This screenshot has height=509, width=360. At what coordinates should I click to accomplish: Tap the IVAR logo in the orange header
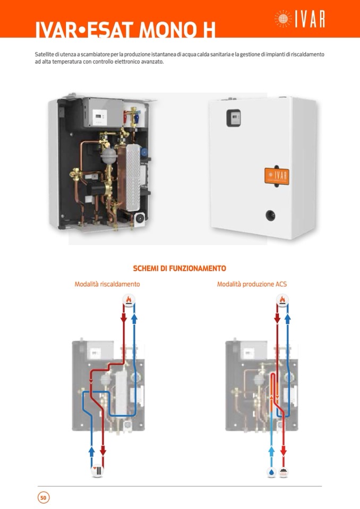(x=299, y=20)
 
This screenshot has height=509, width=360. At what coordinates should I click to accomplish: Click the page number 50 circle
(x=44, y=497)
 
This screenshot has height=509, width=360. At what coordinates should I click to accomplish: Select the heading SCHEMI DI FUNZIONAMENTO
(x=179, y=269)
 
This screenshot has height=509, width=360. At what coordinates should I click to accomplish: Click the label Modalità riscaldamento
(x=107, y=284)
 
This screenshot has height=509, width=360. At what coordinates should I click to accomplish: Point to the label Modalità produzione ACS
(x=252, y=284)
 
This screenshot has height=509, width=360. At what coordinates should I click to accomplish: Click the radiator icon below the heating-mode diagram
(x=97, y=471)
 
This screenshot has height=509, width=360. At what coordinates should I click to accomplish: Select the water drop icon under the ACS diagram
(x=272, y=471)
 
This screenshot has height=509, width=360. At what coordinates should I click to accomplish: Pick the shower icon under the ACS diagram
(x=284, y=471)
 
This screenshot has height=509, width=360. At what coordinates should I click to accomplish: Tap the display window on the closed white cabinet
(x=234, y=117)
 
